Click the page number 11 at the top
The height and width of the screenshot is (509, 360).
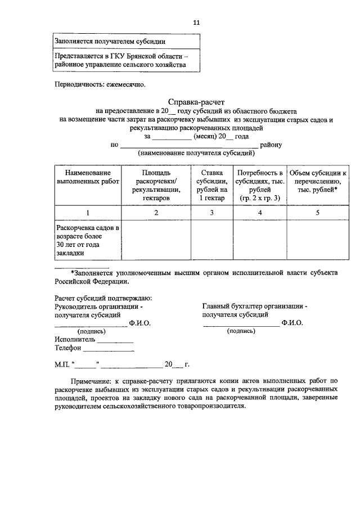[x=196, y=22]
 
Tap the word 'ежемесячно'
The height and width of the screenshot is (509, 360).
[x=125, y=85]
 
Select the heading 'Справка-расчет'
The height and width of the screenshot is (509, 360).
[x=196, y=102]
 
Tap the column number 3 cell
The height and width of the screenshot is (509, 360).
[x=212, y=213]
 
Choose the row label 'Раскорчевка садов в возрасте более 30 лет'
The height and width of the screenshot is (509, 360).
[x=87, y=240]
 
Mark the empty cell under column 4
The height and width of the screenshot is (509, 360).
[x=259, y=240]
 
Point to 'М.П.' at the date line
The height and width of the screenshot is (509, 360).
[x=62, y=364]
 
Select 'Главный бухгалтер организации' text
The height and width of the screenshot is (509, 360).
[x=254, y=306]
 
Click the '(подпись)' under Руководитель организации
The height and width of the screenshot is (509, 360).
[x=85, y=331]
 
